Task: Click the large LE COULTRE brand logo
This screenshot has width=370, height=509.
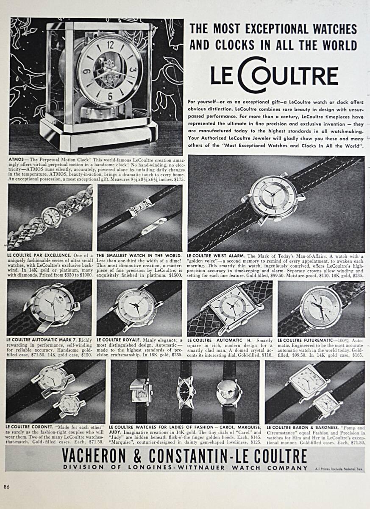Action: tap(275, 76)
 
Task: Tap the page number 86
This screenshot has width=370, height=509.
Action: tap(7, 487)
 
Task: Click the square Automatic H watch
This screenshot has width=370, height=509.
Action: tap(232, 307)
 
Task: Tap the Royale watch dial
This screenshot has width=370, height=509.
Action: tap(136, 308)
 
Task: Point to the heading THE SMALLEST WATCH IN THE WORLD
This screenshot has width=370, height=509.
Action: tap(139, 256)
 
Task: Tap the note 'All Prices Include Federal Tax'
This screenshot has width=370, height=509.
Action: tap(339, 468)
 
